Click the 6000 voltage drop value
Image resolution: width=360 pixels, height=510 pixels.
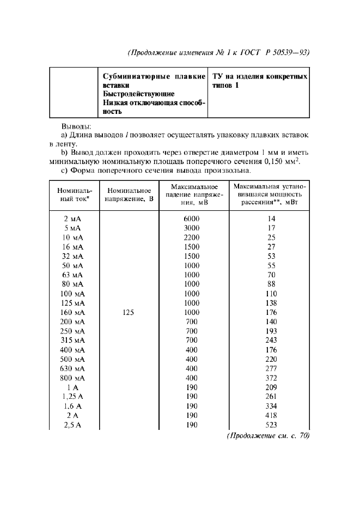coord(192,218)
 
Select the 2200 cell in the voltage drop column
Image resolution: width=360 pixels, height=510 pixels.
coord(192,238)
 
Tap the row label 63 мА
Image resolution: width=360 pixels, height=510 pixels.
coord(74,275)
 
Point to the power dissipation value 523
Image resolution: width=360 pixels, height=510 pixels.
coord(270,426)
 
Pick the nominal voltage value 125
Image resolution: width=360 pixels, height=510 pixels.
coord(129,313)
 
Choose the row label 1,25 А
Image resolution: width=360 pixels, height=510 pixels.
coord(74,397)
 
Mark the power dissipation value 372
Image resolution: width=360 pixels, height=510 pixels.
coord(270,378)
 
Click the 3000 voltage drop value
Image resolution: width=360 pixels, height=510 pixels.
coord(192,228)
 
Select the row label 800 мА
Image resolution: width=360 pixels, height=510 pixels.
coord(74,378)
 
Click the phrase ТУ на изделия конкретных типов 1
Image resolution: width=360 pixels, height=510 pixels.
coord(259,81)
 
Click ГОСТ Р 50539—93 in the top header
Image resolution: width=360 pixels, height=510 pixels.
coord(277,53)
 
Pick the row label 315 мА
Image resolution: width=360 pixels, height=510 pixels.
coord(74,341)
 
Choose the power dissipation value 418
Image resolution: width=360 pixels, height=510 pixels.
coord(270,416)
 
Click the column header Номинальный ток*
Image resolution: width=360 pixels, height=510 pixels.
coord(75,195)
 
